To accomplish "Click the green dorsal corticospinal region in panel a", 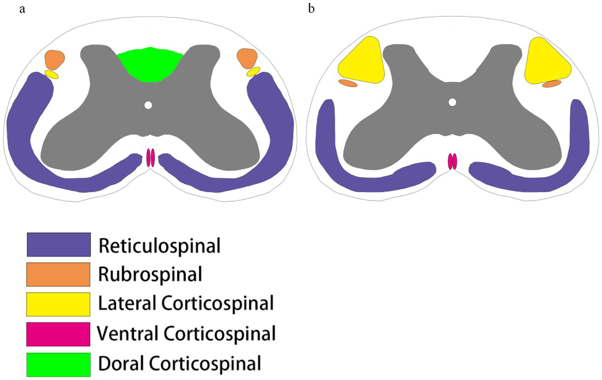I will click(x=150, y=64).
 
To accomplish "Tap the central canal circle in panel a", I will click(x=148, y=105).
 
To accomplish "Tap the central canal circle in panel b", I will click(x=453, y=102).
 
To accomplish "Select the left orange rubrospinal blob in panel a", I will click(x=55, y=59).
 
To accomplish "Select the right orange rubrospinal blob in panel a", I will click(x=247, y=58).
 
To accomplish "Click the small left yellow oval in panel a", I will click(x=51, y=74).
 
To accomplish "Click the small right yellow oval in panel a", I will click(x=253, y=71).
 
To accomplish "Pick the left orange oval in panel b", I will click(x=348, y=83).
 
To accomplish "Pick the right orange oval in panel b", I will click(x=551, y=84).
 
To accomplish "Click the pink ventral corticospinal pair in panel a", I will click(x=151, y=158).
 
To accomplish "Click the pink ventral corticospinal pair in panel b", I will click(x=453, y=162).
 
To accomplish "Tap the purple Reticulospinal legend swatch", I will click(x=59, y=245).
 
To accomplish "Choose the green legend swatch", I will click(x=59, y=364).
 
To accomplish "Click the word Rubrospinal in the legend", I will click(x=150, y=274).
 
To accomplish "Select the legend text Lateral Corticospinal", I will click(x=186, y=304).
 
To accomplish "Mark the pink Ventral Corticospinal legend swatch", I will click(x=59, y=334).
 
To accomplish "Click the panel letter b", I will click(x=311, y=9).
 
